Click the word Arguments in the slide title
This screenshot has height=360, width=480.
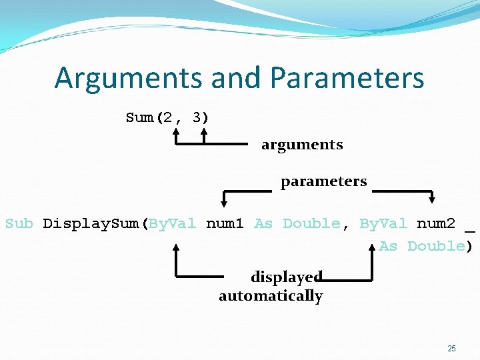(128, 78)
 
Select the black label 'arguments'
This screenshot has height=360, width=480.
(302, 145)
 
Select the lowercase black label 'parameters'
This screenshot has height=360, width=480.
(323, 181)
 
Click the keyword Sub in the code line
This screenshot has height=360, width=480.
(19, 223)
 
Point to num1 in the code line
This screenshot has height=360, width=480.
(225, 223)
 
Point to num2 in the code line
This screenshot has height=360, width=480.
(436, 223)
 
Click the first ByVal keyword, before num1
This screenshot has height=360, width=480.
(173, 223)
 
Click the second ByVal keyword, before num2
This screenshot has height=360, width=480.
(383, 223)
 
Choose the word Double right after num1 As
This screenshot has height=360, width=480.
(311, 223)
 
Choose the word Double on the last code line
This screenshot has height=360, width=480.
(436, 246)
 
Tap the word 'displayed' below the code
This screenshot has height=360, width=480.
(287, 276)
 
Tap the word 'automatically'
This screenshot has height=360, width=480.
(271, 296)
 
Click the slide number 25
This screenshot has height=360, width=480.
(451, 349)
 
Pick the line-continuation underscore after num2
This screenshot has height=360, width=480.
(471, 229)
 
